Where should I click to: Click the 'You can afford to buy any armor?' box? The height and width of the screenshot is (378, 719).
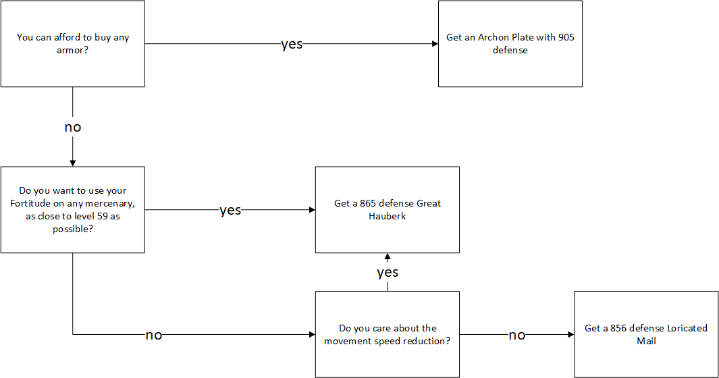73,44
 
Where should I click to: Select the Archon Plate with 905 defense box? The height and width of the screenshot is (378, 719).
510,44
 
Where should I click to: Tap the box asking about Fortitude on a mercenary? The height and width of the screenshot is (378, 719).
73,210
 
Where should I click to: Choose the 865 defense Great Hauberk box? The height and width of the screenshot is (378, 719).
387,210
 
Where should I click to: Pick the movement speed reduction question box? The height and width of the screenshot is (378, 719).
387,335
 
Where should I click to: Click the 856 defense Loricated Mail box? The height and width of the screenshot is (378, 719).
645,335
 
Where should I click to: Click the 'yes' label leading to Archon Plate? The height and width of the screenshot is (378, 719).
292,45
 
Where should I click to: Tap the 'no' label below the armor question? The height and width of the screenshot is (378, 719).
73,127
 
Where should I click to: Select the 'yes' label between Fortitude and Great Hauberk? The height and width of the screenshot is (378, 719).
230,211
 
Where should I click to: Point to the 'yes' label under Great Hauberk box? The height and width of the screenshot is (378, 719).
388,273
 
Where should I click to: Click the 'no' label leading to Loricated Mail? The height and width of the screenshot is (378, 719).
517,335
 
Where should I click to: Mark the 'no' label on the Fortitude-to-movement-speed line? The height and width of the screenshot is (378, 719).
154,335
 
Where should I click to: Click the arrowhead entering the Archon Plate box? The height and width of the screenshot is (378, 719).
435,44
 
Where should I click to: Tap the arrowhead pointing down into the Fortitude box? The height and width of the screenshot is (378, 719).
73,163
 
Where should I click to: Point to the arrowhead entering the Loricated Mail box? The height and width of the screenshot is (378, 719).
570,335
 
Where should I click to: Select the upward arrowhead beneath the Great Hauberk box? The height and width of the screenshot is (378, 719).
388,257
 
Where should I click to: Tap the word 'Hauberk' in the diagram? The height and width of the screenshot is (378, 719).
388,216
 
